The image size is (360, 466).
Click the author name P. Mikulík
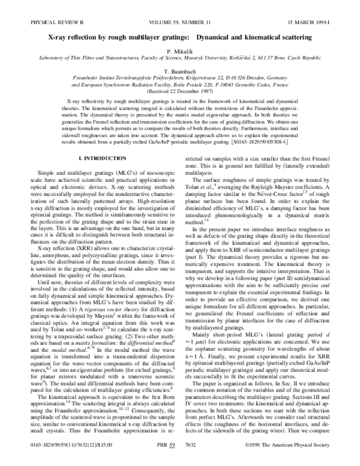[x=180, y=51]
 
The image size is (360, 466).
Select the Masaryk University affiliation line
[x=180, y=58]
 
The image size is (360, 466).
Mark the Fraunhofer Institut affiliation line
[x=180, y=77]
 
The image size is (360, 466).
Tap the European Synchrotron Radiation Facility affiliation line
[x=180, y=84]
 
